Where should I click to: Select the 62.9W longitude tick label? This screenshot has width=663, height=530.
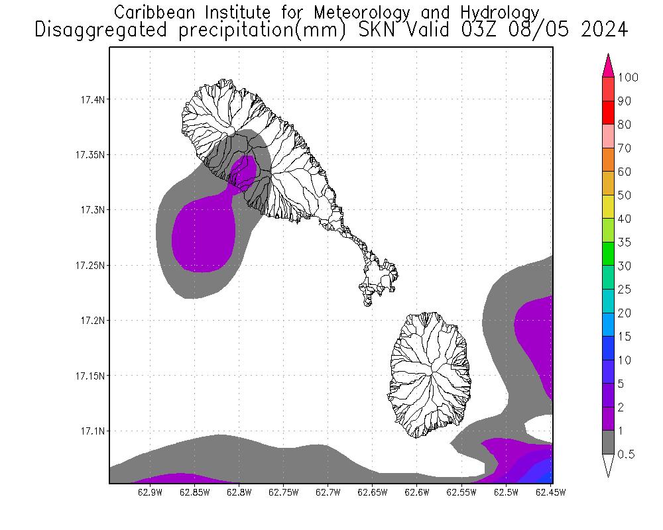(x=151, y=492)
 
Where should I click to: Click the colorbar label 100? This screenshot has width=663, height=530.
(x=627, y=78)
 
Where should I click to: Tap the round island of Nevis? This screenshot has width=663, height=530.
(x=431, y=374)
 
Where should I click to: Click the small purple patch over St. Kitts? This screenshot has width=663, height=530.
(x=244, y=171)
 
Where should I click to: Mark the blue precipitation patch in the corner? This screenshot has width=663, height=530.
(x=540, y=471)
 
